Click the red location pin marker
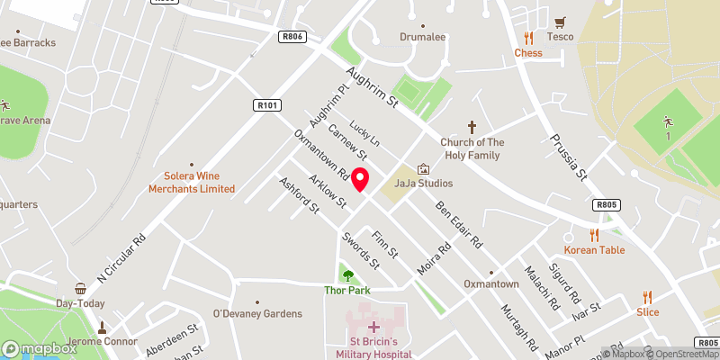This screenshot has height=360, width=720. tap(360, 179)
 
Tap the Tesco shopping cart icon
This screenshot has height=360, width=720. tap(562, 22)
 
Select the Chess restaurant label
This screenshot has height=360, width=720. tap(528, 53)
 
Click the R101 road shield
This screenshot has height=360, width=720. tap(265, 105)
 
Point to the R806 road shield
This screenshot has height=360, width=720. tap(292, 37)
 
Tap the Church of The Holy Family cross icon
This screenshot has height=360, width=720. tap(471, 127)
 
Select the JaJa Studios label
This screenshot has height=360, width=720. tap(423, 184)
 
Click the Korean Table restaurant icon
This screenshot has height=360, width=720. tap(593, 234)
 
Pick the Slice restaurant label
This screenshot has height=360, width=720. tap(648, 312)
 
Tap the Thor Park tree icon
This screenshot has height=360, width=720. tap(347, 275)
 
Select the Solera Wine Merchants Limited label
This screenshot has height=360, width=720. tap(186, 182)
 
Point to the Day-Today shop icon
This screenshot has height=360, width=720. tap(80, 289)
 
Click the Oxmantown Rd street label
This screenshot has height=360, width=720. tap(320, 152)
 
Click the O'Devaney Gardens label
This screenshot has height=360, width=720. tap(256, 313)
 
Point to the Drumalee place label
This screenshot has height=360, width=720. tap(423, 37)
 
